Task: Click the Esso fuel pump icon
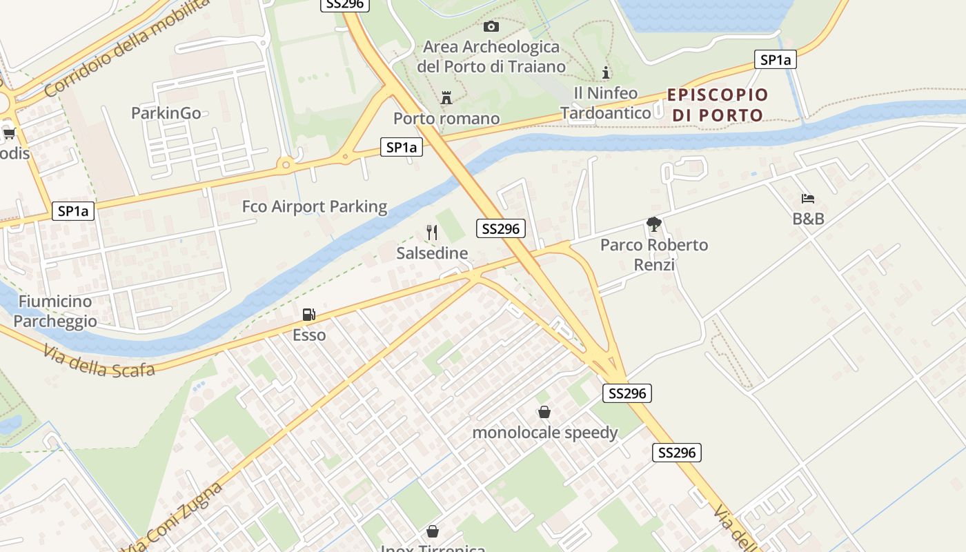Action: [308, 315]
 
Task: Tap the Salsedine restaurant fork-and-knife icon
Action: [432, 233]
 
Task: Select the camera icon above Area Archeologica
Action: [491, 26]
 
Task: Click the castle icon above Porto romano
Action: [446, 98]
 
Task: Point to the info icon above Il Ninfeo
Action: [606, 72]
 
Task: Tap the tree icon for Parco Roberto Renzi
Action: [653, 224]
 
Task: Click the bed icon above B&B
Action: [808, 199]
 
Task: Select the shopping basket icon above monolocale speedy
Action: [544, 412]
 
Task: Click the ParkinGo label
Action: [166, 112]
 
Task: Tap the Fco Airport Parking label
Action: [315, 206]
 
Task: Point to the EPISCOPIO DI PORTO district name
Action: [718, 105]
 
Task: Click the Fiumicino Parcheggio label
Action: [55, 311]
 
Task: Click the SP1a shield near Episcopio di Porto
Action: [775, 60]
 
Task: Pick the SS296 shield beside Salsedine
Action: [500, 228]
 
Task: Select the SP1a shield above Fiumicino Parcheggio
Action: [72, 210]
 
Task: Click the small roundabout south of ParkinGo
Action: [285, 164]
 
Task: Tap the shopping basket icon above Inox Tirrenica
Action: [433, 531]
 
